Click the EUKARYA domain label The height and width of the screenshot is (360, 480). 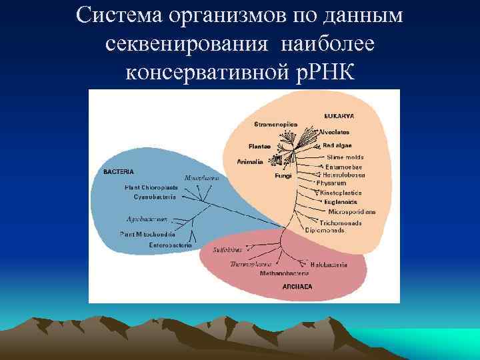pos(339,116)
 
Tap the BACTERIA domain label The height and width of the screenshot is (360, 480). pos(119,171)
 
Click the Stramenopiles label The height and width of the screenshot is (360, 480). pos(276,124)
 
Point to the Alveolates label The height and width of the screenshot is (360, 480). pos(334,132)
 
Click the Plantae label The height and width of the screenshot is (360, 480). pos(259,146)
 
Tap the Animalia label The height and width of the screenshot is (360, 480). pos(251,161)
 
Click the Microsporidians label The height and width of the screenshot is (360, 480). pos(351,211)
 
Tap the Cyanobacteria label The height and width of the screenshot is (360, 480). pos(155,197)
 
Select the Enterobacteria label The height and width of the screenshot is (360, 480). pos(171,245)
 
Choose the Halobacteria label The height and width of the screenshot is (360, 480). pos(329,265)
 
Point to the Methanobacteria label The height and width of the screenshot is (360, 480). pos(285,273)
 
